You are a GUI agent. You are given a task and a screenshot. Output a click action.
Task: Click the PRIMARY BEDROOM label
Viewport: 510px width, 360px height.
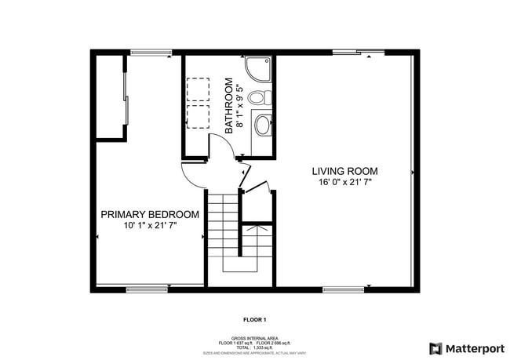tap(149, 214)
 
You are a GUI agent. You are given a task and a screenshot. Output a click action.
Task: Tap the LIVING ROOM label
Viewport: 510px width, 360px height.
tap(344, 171)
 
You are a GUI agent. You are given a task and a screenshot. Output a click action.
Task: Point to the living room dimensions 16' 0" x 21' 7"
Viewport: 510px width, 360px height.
tap(344, 182)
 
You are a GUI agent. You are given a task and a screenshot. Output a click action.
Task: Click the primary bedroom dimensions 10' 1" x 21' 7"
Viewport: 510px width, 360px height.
tap(149, 225)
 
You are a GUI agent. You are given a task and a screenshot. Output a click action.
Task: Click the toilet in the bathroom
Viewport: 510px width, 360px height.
tap(260, 98)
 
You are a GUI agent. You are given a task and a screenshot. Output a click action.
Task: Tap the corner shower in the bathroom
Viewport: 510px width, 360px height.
tap(260, 70)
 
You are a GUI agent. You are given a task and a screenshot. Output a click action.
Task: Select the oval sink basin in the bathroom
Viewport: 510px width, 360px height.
tap(263, 124)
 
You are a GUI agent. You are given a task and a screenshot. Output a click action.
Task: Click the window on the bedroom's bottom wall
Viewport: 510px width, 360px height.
tap(147, 289)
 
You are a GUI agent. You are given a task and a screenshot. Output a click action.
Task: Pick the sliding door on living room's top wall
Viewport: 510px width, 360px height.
tap(358, 53)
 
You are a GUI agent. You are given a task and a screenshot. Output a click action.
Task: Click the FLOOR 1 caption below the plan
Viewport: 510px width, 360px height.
tap(255, 320)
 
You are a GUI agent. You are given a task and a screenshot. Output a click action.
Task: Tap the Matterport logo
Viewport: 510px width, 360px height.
tap(466, 347)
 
